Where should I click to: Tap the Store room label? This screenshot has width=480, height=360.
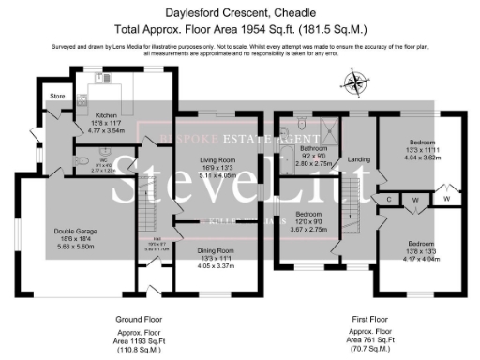pyautogui.click(x=56, y=96)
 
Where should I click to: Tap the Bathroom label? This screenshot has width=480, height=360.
pyautogui.click(x=311, y=148)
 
